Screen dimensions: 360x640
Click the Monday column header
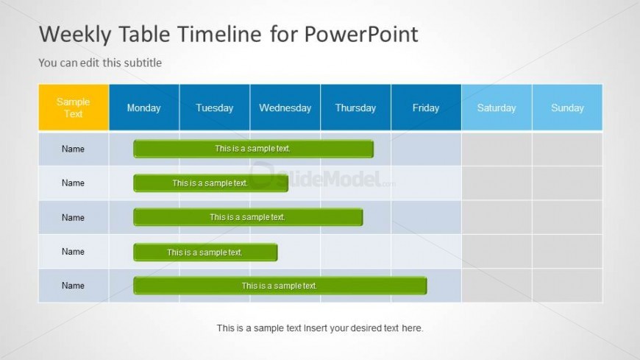click(x=143, y=107)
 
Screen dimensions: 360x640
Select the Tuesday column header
click(x=214, y=107)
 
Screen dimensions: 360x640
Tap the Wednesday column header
click(x=285, y=107)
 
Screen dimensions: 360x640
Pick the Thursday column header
click(x=355, y=107)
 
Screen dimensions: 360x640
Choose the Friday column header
click(x=426, y=107)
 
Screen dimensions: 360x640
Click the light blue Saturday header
click(x=497, y=107)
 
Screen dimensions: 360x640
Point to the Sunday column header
click(x=567, y=107)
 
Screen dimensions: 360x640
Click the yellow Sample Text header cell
click(x=74, y=107)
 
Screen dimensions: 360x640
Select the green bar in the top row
click(x=253, y=149)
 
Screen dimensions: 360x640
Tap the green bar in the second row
click(x=210, y=183)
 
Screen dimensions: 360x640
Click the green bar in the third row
click(x=248, y=217)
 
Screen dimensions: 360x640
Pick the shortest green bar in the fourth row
click(x=205, y=252)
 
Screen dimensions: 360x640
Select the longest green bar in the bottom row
click(x=280, y=286)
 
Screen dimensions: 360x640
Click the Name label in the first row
click(x=74, y=149)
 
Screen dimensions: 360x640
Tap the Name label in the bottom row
click(x=74, y=286)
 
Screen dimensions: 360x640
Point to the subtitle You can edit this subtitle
click(x=100, y=63)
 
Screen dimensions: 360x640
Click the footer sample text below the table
click(x=320, y=328)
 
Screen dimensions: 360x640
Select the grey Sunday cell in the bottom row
click(x=567, y=286)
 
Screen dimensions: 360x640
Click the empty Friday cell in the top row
click(x=426, y=149)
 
